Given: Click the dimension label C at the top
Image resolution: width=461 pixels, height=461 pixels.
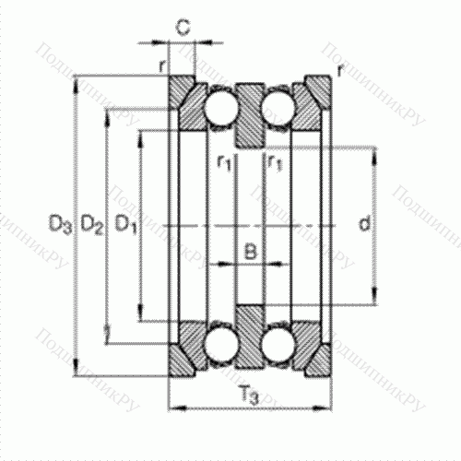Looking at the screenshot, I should [x=183, y=28].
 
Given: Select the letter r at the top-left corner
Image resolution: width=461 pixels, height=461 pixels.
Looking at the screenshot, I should [x=161, y=65].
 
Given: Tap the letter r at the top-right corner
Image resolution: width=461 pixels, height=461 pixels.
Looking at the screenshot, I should [x=341, y=70].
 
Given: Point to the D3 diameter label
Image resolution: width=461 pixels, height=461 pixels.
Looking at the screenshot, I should [x=60, y=223].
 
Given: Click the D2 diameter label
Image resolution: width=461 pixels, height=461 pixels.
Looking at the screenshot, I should [x=91, y=223].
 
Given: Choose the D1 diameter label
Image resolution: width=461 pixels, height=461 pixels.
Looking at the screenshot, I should [x=124, y=223].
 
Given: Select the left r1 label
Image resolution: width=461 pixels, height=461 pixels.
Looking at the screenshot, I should [x=223, y=163].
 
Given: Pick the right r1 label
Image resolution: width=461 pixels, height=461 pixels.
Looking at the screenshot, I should [x=273, y=163].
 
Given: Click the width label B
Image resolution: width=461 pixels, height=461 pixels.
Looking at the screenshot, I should [x=249, y=250].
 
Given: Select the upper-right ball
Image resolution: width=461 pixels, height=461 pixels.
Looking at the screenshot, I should [x=277, y=108].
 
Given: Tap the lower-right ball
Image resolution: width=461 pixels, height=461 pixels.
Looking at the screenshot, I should [x=277, y=343].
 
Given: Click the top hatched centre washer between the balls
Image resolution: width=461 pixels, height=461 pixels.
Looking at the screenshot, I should [x=249, y=115].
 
